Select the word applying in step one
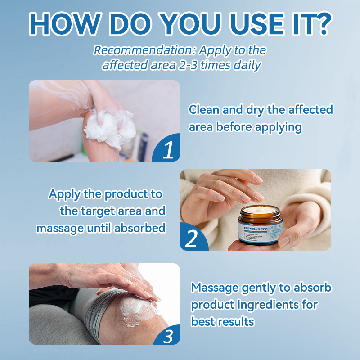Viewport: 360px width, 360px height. pyautogui.click(x=279, y=127)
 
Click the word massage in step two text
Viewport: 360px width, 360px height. pyautogui.click(x=59, y=228)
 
